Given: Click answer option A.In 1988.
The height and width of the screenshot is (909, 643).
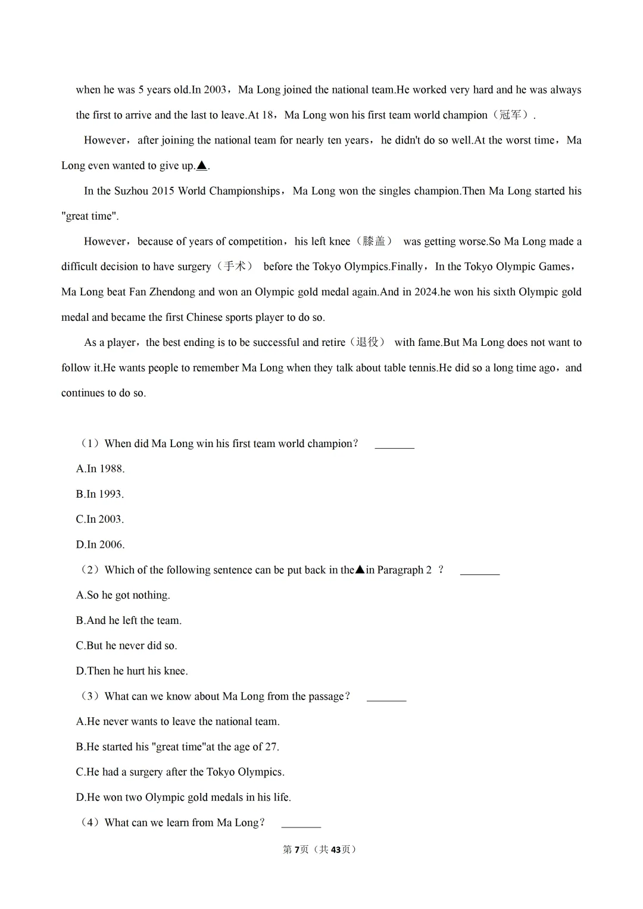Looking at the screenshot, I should (100, 469).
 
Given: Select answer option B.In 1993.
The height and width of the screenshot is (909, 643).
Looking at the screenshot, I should (100, 494).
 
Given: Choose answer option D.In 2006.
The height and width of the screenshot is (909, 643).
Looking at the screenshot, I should (100, 545).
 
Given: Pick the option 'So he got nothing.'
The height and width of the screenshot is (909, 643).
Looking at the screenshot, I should (123, 595).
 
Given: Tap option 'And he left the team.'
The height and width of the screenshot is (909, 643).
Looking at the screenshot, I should (129, 620).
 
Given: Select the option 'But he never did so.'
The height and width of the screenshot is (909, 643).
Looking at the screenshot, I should (126, 646).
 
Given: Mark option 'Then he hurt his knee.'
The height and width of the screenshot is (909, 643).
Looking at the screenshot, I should (132, 671).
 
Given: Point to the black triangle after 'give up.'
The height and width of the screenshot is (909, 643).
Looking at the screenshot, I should (202, 165).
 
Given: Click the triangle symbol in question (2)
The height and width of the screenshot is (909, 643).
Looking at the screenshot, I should (360, 570).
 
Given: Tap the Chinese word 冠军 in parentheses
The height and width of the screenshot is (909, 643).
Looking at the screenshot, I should (511, 115).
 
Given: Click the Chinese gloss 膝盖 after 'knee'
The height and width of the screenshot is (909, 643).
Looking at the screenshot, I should (374, 241).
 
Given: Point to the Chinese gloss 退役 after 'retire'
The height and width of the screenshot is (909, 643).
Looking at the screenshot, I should (367, 342).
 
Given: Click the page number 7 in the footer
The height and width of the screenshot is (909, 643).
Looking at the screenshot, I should (296, 849).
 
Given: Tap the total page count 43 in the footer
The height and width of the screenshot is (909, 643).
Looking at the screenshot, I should (336, 849).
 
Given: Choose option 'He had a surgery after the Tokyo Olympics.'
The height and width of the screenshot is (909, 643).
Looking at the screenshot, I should (180, 772).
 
